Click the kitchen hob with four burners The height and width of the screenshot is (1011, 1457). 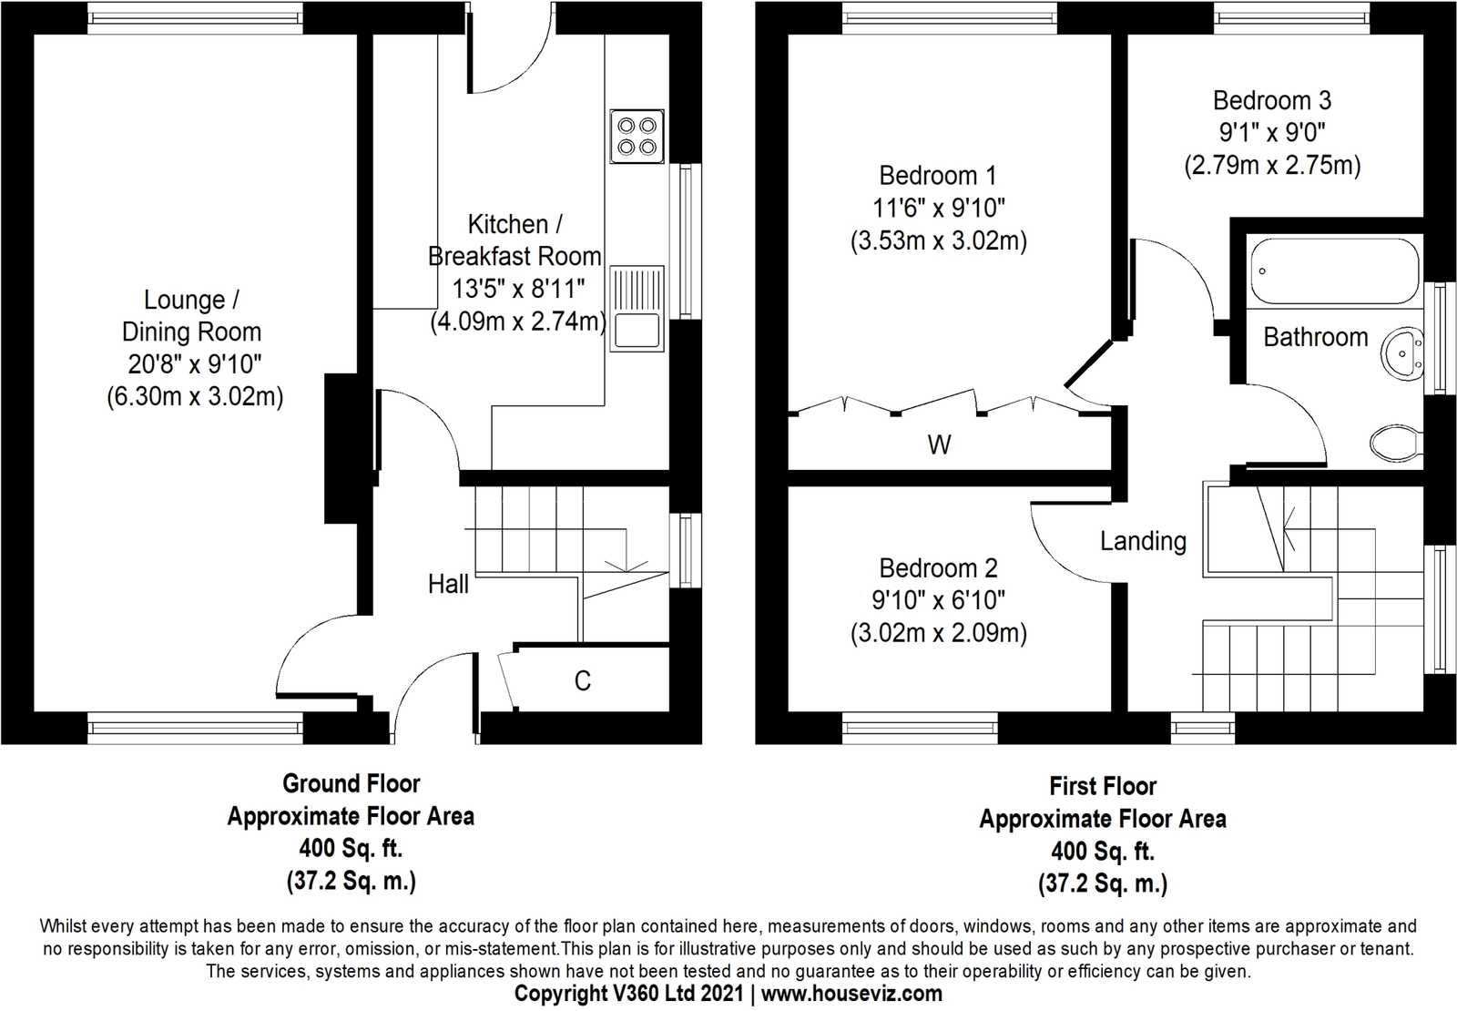(637, 137)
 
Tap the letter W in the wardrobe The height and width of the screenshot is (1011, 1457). (939, 444)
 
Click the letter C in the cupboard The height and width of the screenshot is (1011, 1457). (583, 680)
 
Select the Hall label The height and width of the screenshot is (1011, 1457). (448, 584)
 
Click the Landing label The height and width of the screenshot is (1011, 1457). (1143, 541)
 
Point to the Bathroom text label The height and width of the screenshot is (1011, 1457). (1315, 337)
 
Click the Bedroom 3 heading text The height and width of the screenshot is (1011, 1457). (1271, 100)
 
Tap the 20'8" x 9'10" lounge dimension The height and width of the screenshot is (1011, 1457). (195, 364)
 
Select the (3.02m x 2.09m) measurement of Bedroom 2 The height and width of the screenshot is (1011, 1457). (939, 633)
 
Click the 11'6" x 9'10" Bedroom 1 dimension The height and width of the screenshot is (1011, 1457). (939, 208)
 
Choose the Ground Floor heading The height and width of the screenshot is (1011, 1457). (351, 783)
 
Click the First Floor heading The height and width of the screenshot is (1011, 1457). (1102, 786)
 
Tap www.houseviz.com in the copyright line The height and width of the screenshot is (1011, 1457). (851, 993)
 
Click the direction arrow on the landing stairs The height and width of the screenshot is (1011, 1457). (1286, 528)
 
